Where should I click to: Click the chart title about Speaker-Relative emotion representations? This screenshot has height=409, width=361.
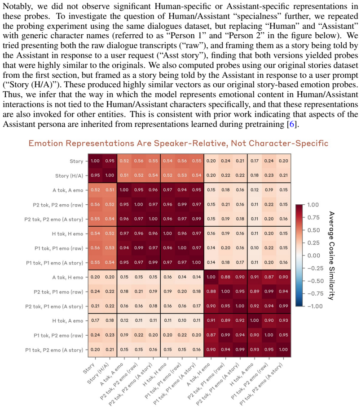178,143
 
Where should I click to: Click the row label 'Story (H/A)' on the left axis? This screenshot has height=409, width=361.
69,176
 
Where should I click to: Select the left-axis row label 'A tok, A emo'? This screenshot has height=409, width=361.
68,190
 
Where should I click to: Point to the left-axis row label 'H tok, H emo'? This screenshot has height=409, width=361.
67,234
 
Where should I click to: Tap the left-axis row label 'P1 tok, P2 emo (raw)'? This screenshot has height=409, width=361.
58,336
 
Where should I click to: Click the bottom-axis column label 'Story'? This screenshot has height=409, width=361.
89,369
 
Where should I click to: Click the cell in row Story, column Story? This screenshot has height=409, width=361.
95,161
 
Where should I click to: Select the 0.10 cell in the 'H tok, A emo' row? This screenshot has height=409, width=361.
182,320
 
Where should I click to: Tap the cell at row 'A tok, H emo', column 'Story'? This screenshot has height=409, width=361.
95,277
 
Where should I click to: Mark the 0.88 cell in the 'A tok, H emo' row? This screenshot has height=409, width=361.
226,277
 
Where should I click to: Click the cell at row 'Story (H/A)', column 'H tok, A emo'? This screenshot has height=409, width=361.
255,175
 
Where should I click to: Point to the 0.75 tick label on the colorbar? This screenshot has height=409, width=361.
313,217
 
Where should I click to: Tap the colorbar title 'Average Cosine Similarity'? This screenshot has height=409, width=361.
331,256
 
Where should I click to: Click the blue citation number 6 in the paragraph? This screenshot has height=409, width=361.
292,124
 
